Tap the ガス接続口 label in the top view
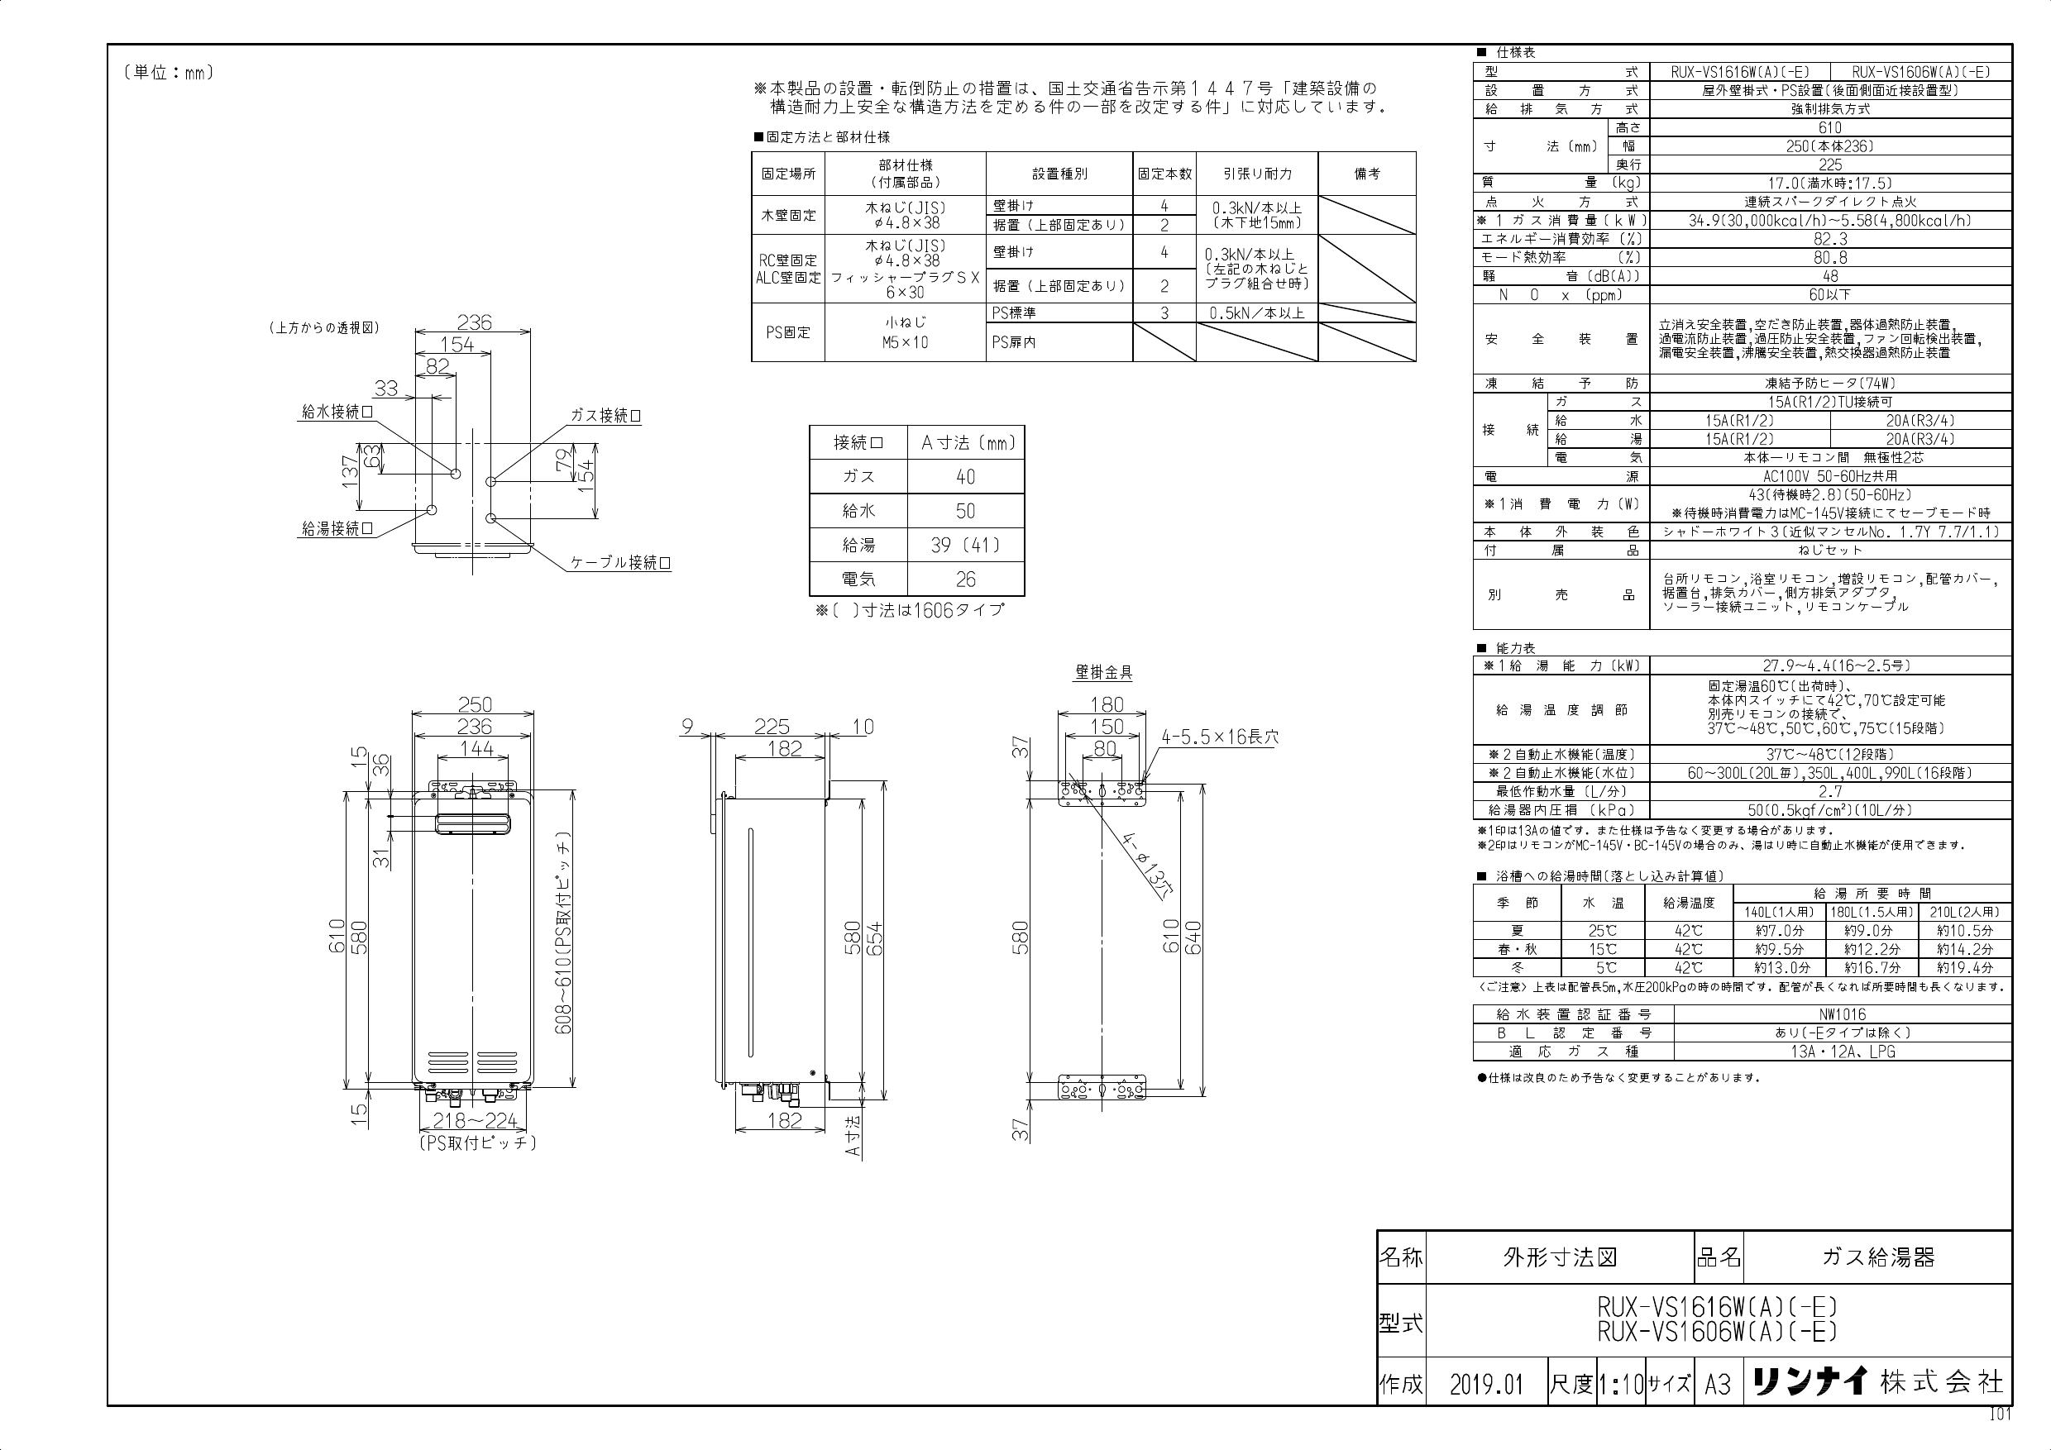coord(605,416)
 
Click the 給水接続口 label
coord(337,413)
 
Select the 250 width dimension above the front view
coord(475,705)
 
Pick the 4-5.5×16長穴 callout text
coord(1219,737)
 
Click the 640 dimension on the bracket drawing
coord(1193,937)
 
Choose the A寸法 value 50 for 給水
coord(965,512)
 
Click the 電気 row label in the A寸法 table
coord(858,580)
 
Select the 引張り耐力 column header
coord(1257,174)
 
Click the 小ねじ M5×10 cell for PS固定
coord(904,333)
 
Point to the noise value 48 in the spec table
coord(1829,276)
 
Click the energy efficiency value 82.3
coord(1829,239)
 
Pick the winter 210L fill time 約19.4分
coord(1964,967)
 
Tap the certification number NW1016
coord(1841,1014)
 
